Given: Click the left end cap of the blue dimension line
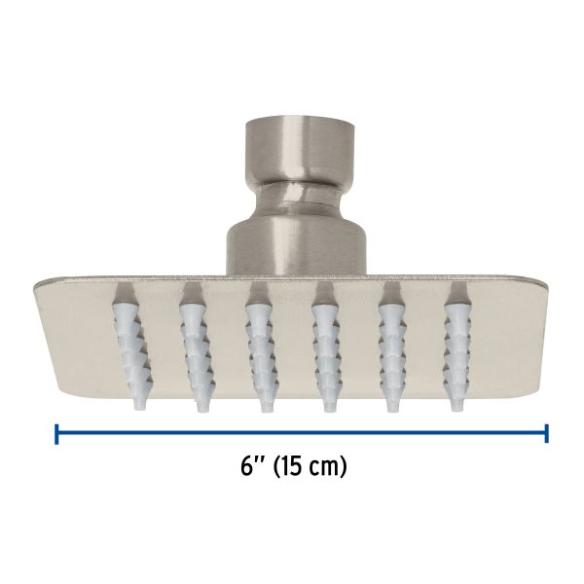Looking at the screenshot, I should pos(56,433).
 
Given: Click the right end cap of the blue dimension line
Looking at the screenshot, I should pos(547,433).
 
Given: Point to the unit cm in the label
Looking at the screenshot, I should pos(329,467).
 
